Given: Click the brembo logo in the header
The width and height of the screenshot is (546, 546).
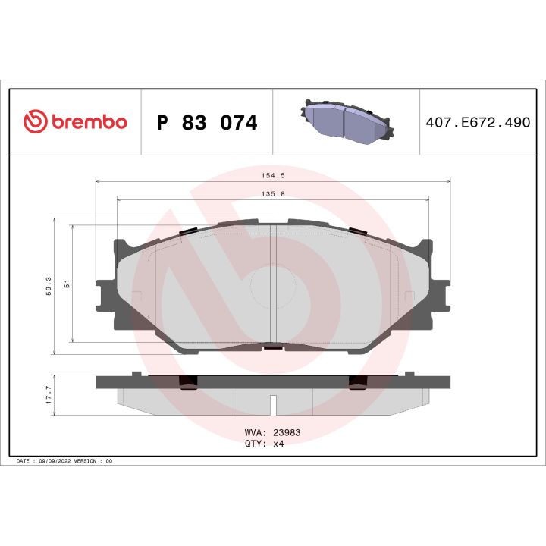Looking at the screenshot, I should click(x=74, y=122).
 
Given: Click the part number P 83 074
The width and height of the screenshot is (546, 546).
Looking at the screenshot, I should click(x=206, y=123).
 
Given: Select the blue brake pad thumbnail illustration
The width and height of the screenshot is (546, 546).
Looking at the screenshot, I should click(x=345, y=121).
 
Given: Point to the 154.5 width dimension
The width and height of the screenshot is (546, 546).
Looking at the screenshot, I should click(x=272, y=174).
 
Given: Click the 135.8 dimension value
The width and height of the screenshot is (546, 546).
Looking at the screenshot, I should click(x=272, y=193).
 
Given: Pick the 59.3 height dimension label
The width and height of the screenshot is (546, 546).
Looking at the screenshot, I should click(x=49, y=284).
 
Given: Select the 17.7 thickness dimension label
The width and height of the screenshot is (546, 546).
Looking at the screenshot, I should click(x=49, y=395).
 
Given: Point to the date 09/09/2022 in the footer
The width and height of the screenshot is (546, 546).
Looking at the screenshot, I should click(x=58, y=460).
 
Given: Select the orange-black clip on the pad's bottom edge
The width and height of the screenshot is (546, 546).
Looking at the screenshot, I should click(x=272, y=348).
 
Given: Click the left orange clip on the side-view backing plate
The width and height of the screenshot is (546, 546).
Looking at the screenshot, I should click(x=187, y=381).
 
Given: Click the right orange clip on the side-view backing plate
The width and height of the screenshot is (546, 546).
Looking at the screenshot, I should click(x=357, y=381).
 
